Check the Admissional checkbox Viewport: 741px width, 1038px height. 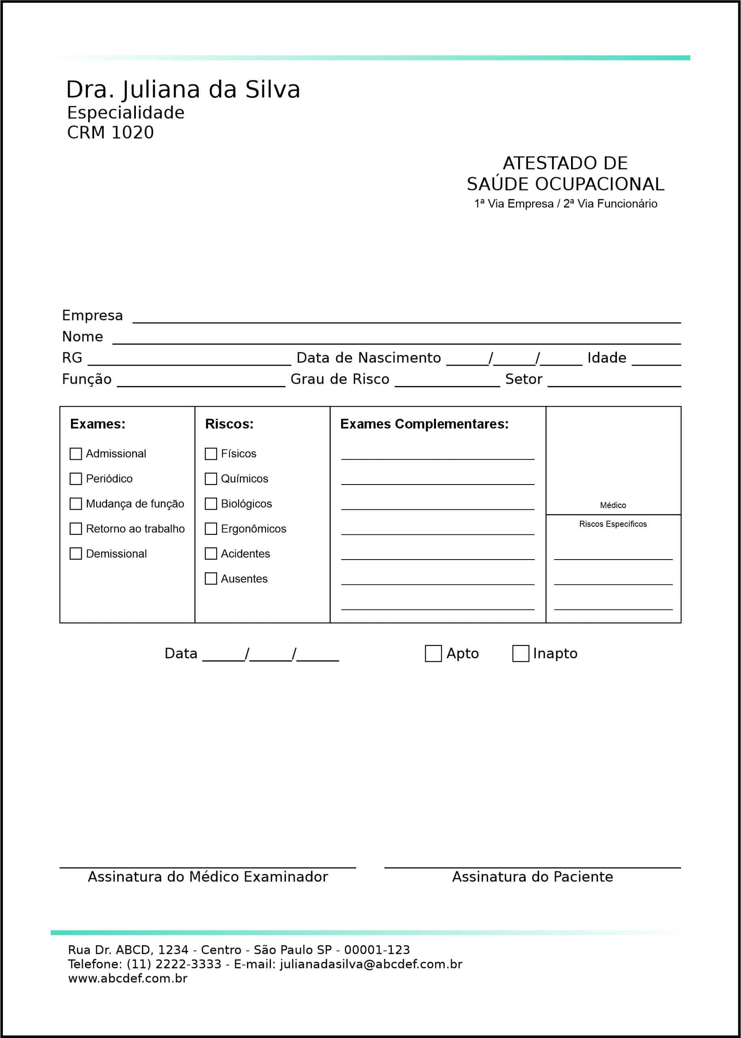76,454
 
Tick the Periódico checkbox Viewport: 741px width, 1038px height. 76,479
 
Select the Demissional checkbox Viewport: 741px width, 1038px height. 76,553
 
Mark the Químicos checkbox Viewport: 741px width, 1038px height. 211,479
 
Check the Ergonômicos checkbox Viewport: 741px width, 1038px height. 211,529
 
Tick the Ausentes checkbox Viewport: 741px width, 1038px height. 211,579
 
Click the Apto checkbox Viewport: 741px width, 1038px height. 433,654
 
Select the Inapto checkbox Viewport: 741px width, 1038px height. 521,654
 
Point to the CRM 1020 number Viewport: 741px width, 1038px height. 110,133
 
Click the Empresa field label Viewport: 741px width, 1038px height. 92,315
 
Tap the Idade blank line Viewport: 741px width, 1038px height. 656,361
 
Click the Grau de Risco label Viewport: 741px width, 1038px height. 340,379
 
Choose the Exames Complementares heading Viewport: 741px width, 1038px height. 424,424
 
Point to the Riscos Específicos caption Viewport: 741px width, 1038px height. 613,524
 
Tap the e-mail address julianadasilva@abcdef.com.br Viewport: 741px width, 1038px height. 371,964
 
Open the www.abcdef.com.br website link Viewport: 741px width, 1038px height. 128,978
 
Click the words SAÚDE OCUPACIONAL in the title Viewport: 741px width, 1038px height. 565,184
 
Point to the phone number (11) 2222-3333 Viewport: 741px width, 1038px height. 174,964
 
